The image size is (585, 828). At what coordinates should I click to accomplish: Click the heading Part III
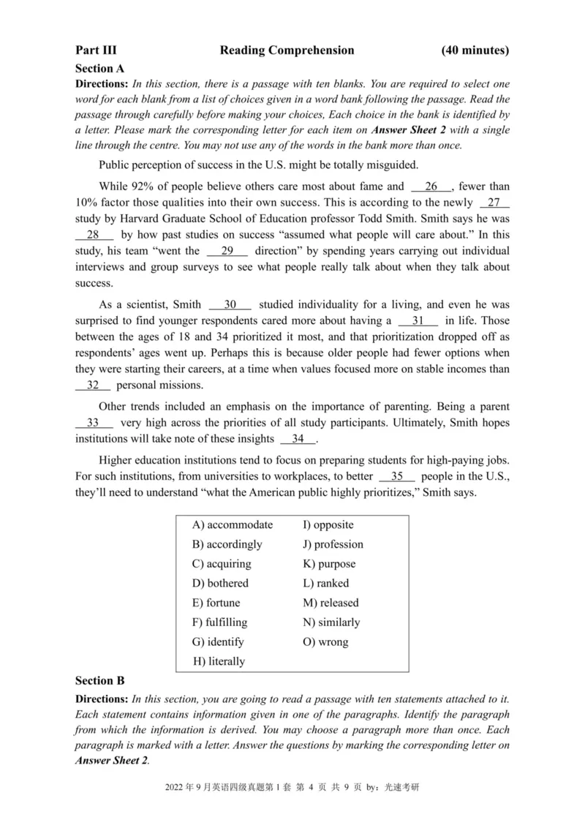point(96,50)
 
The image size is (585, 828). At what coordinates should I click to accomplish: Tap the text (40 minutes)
point(475,50)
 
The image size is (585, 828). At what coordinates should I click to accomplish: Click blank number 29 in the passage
point(227,251)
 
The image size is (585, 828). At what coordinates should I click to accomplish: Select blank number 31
point(418,320)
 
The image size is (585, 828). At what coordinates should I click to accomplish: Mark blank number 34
point(298,439)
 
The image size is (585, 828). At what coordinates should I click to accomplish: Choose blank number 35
point(397,476)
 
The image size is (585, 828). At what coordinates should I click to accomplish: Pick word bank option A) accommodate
point(233,525)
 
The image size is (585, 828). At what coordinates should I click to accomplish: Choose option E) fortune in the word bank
point(216,603)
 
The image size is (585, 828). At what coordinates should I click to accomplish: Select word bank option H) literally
point(219,661)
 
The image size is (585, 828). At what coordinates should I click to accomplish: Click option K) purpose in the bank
point(329,564)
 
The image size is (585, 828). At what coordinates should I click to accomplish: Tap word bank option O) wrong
point(325,642)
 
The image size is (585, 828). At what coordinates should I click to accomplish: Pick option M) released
point(331,603)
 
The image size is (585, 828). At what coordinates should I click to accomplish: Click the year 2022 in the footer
point(178,789)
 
